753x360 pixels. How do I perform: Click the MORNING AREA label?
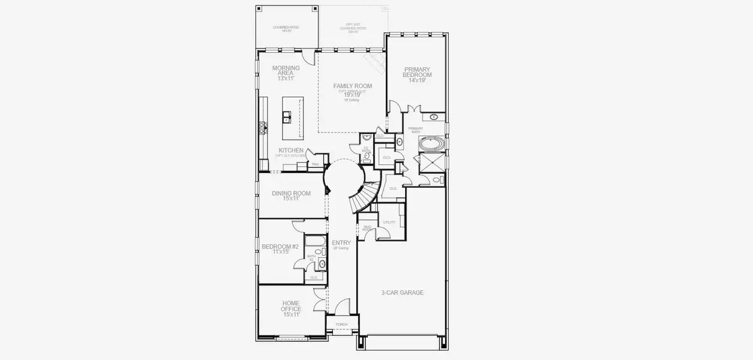coord(285,70)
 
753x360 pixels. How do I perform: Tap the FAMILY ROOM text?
coord(352,86)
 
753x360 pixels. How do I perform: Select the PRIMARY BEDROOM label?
coord(417,72)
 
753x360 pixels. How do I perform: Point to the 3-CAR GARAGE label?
coord(402,293)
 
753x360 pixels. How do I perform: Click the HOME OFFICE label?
coord(291,306)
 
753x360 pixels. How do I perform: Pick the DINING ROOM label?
coord(291,193)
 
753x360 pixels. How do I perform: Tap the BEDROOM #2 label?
coord(280,247)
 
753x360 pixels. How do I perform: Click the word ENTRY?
coord(341,242)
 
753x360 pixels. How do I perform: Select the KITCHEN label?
coord(291,150)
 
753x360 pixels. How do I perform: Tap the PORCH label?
coord(341,325)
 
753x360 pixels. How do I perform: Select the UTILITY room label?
coord(389,222)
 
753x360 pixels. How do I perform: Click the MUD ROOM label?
coord(367,229)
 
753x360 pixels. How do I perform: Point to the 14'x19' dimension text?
coord(417,80)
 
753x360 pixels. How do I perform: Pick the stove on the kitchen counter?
coord(262,127)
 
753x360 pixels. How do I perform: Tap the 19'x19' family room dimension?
coord(352,94)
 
